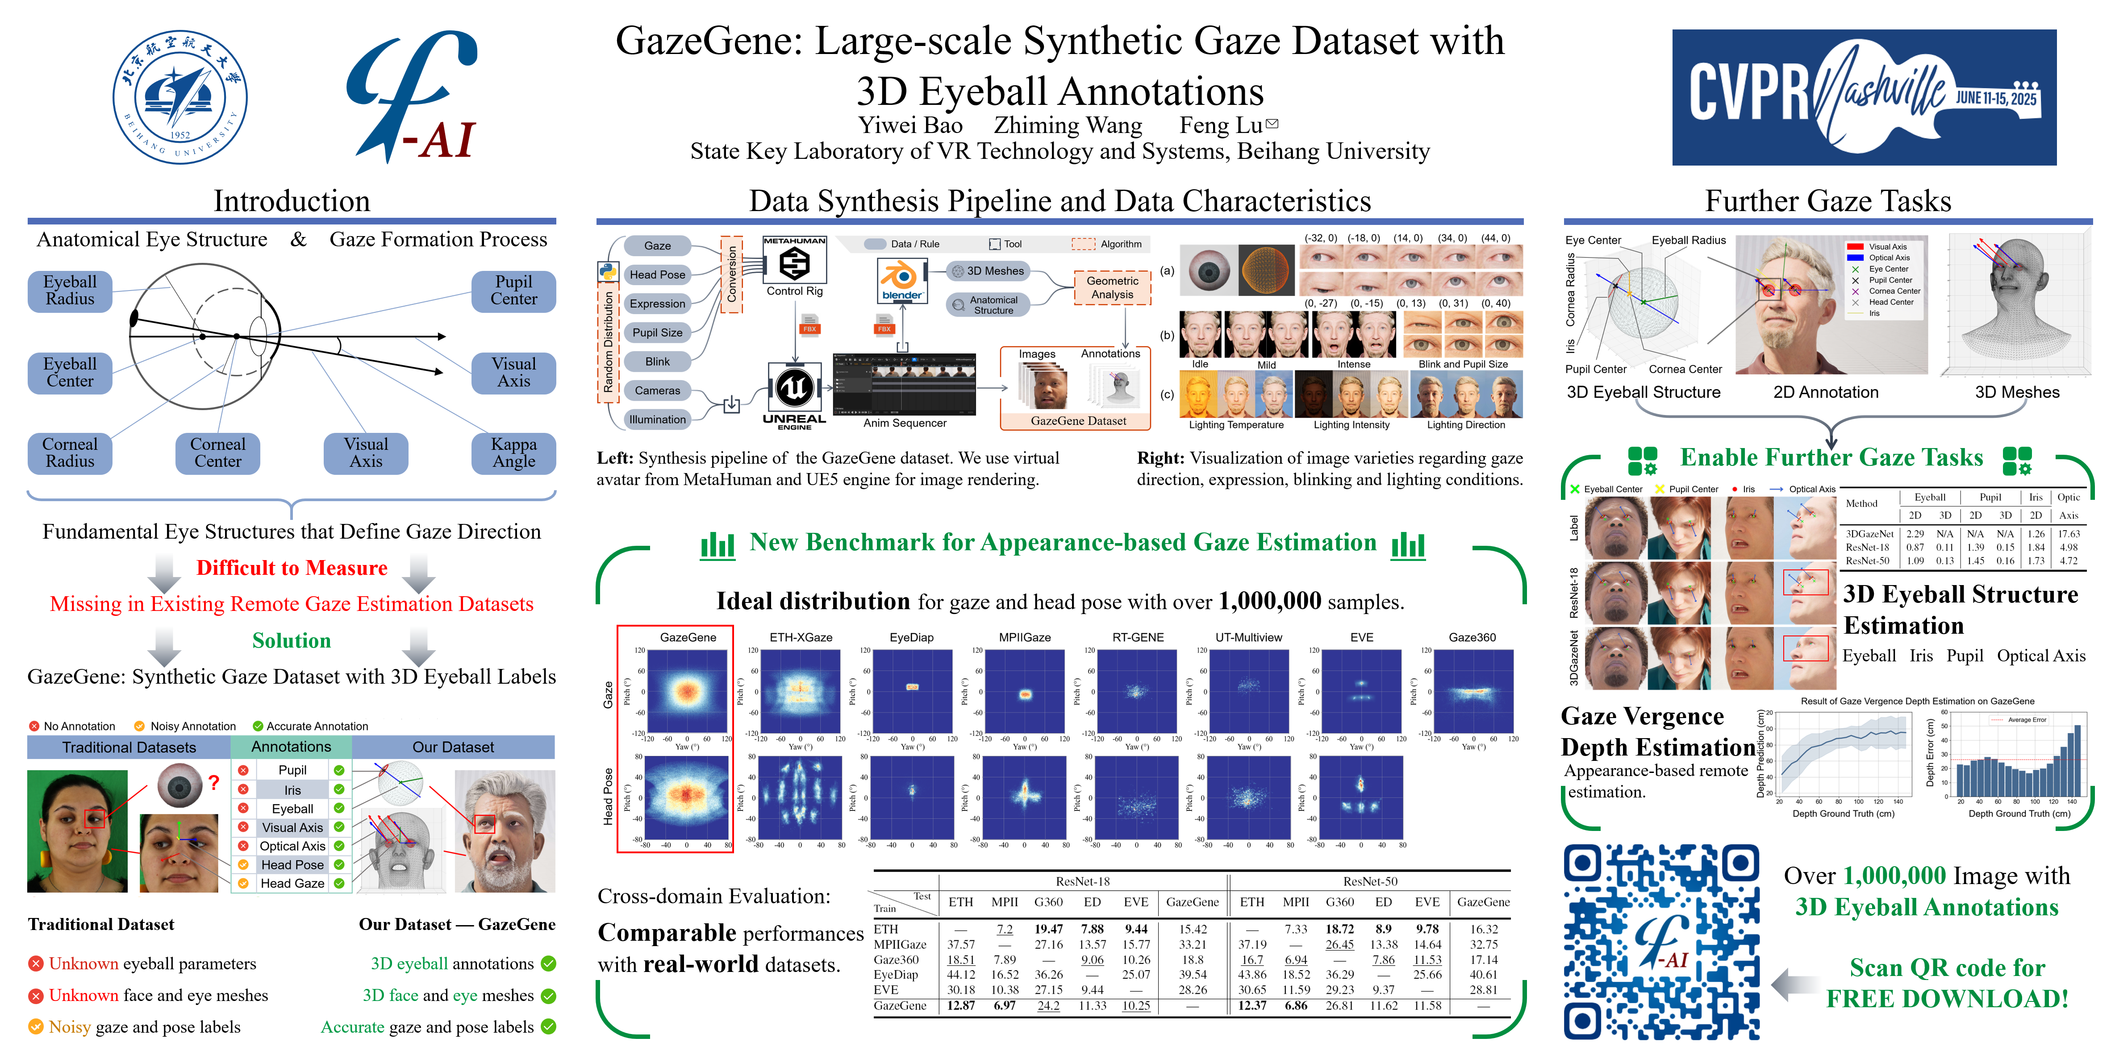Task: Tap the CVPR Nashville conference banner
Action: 1864,98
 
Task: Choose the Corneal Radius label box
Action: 70,453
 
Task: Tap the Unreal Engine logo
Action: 794,387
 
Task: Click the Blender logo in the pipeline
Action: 901,279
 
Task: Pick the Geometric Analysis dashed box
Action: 1113,287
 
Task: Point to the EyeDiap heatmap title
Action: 911,637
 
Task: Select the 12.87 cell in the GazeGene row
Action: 961,1005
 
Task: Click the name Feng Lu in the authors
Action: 1221,125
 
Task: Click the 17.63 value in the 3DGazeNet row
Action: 2068,534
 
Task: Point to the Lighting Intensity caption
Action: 1352,425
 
